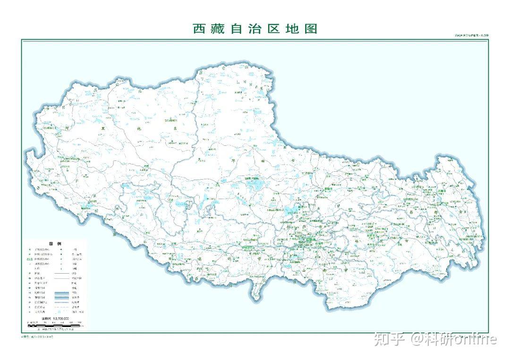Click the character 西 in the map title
point(200,28)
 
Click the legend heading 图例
point(55,244)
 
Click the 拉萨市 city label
point(309,239)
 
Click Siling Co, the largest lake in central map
point(255,185)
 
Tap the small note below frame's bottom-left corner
point(37,337)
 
